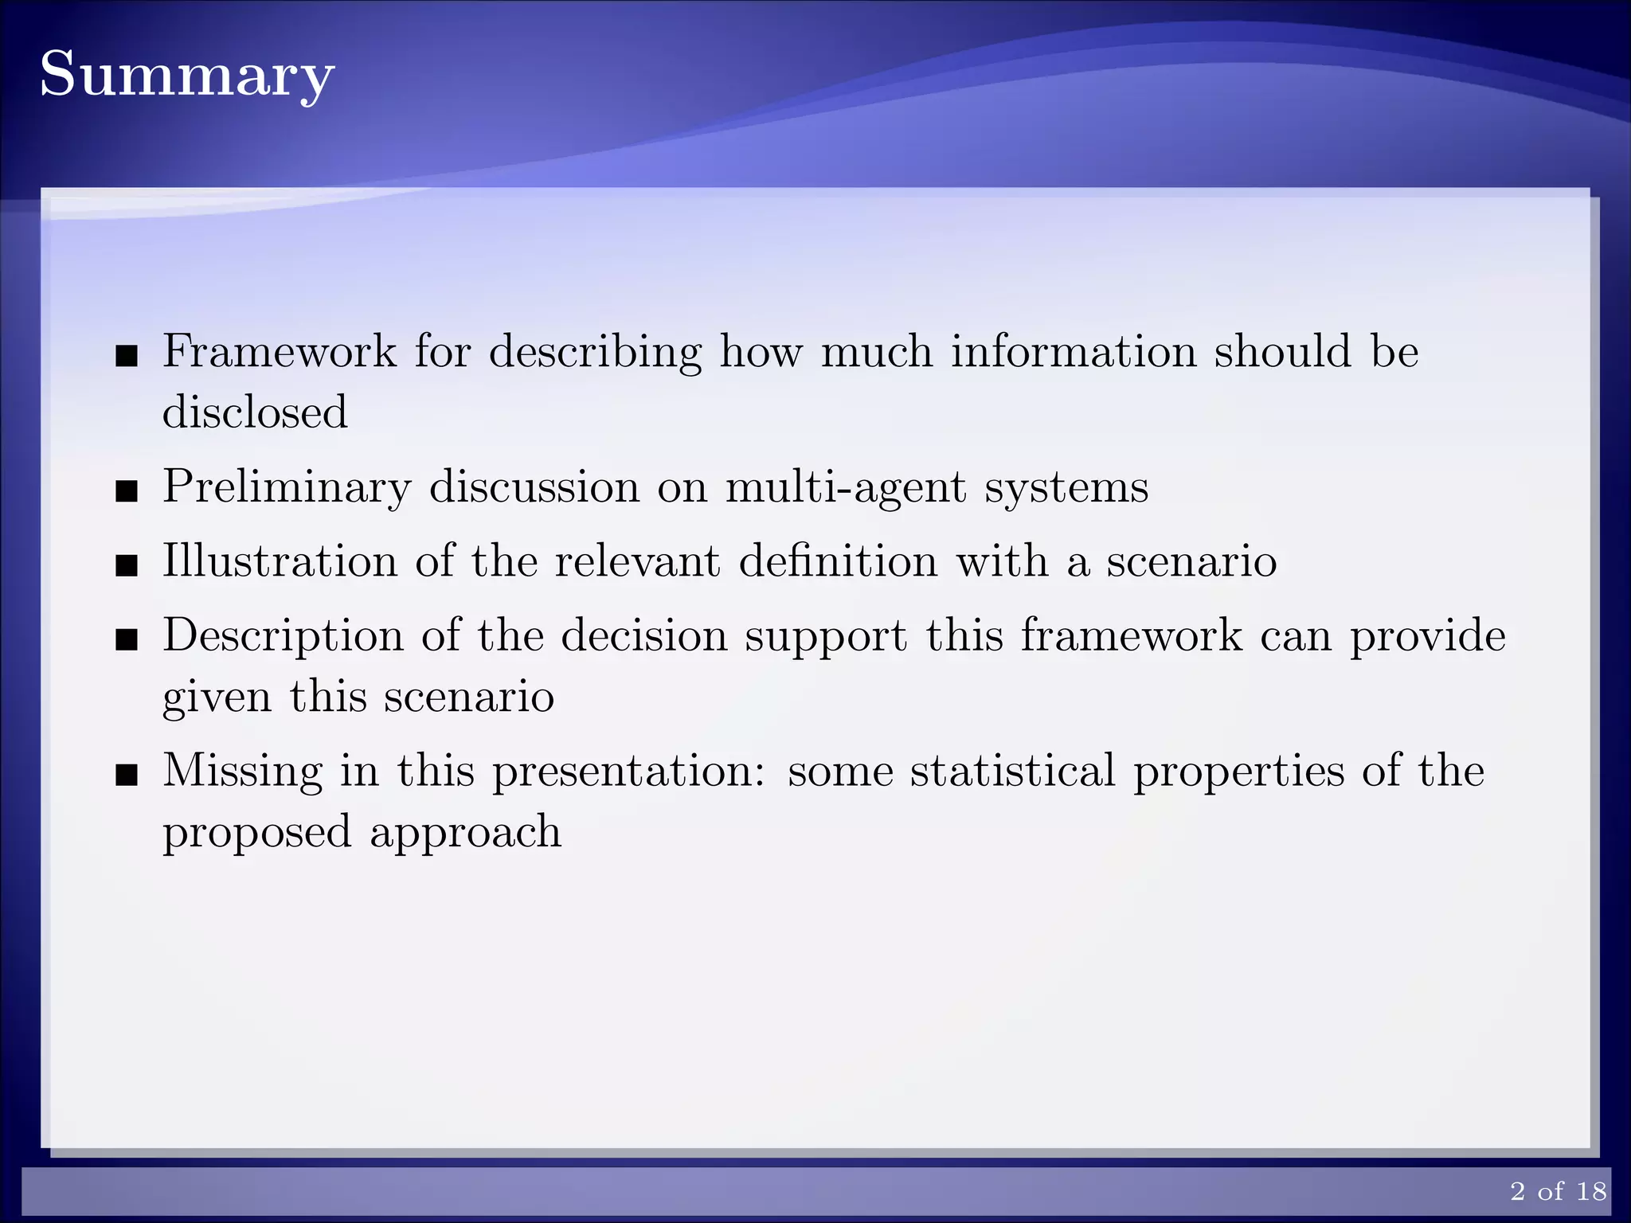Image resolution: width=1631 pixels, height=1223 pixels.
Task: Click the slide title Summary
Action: pyautogui.click(x=186, y=76)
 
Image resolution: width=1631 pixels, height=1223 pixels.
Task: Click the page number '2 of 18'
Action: pyautogui.click(x=1558, y=1191)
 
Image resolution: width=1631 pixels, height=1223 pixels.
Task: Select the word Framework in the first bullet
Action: pyautogui.click(x=280, y=351)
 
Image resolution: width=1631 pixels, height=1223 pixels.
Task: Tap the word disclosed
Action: pyautogui.click(x=255, y=412)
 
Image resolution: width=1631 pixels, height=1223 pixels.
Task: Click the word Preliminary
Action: pyautogui.click(x=287, y=487)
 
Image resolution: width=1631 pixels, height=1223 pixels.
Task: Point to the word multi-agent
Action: pyautogui.click(x=845, y=486)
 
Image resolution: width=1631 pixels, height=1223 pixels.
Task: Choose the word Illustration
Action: pyautogui.click(x=280, y=561)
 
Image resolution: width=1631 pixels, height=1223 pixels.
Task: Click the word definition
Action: pyautogui.click(x=838, y=561)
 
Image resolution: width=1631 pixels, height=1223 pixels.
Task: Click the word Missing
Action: pyautogui.click(x=243, y=772)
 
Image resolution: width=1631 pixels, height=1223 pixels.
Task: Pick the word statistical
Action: pyautogui.click(x=1013, y=770)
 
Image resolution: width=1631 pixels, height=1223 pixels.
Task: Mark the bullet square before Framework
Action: pyautogui.click(x=126, y=356)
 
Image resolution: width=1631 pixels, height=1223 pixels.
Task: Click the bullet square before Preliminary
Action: pyautogui.click(x=126, y=491)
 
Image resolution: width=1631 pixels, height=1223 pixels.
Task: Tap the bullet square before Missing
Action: pyautogui.click(x=126, y=775)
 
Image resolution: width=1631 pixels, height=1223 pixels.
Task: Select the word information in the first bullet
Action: pyautogui.click(x=1074, y=351)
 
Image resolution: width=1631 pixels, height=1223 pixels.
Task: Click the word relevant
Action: pyautogui.click(x=638, y=561)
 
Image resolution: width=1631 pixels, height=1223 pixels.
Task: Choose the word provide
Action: pyautogui.click(x=1428, y=636)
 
